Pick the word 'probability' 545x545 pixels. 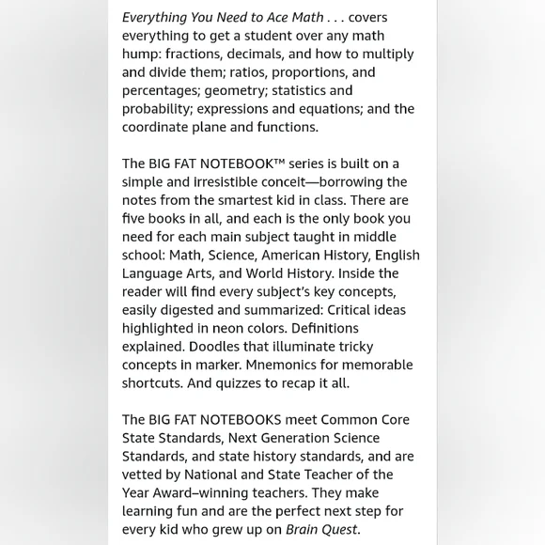[x=157, y=109]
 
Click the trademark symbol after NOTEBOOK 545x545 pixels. [x=279, y=162]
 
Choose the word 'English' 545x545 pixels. [x=397, y=256]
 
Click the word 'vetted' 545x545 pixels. [x=142, y=475]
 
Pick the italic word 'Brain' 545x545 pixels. [x=304, y=530]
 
